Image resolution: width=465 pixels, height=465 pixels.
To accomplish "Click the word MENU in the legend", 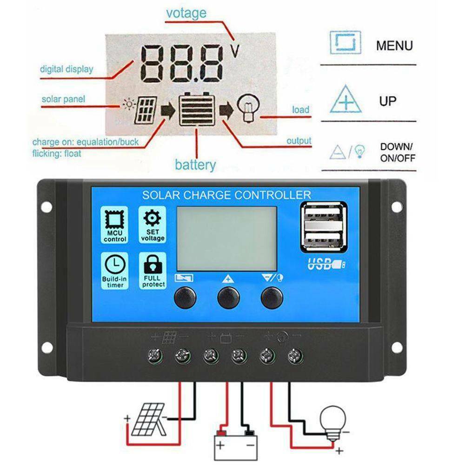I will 394,46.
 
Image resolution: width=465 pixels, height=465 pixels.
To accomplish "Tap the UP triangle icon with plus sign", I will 345,99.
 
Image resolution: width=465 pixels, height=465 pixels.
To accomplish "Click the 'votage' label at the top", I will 186,13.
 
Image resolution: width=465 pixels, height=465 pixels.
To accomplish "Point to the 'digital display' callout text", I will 66,69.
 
